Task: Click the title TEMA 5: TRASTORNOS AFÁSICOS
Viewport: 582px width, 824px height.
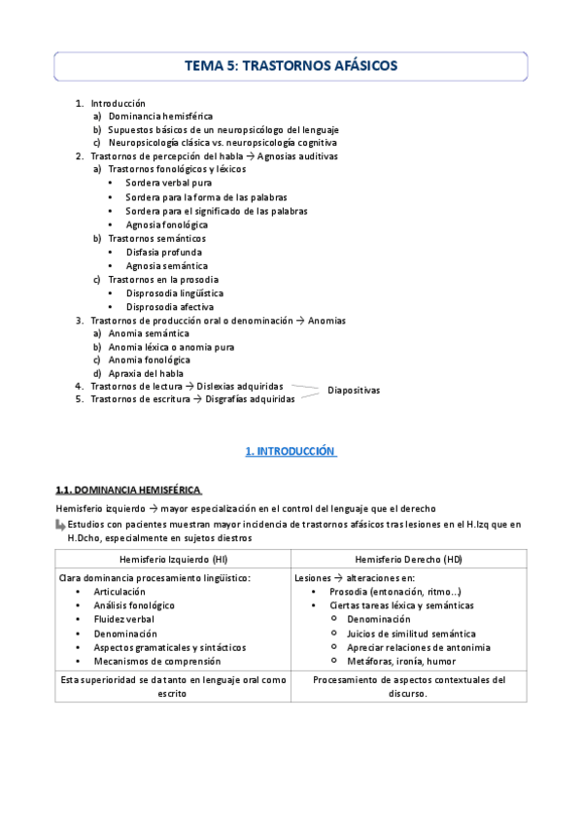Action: point(291,66)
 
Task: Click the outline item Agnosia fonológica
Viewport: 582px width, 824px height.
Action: point(166,224)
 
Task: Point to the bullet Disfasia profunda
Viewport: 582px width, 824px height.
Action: point(164,252)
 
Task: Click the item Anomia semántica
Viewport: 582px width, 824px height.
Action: point(149,333)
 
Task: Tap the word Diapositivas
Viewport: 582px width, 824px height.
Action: point(354,391)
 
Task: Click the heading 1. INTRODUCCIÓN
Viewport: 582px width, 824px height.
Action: point(290,451)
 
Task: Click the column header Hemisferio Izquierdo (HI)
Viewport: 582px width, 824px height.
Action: point(173,560)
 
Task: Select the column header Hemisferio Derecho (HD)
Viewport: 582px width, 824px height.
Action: point(408,560)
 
